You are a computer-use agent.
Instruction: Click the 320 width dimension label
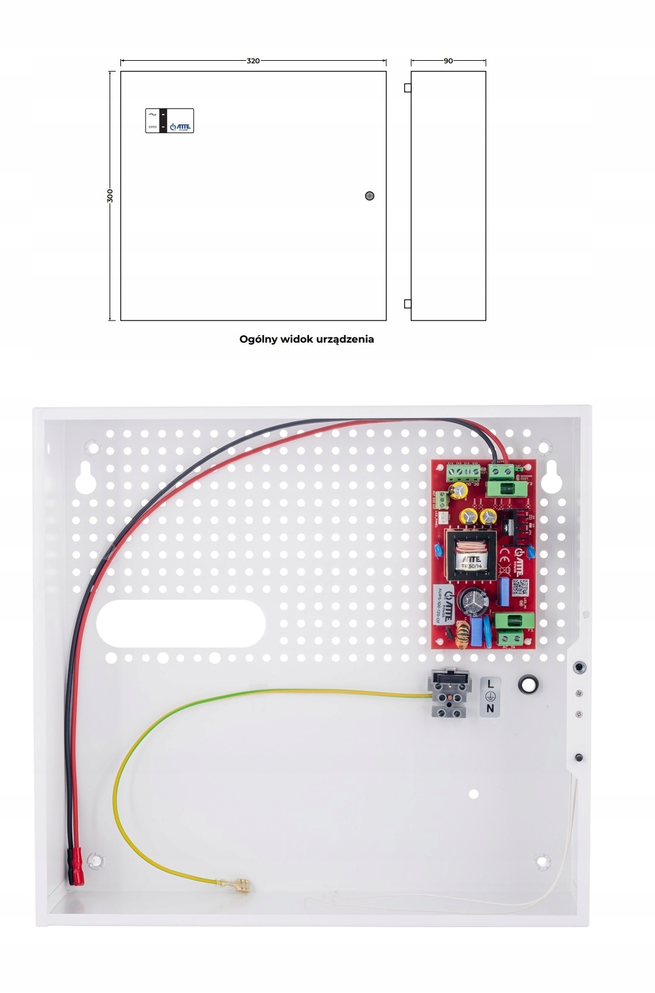pos(253,61)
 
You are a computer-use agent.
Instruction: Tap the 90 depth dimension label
pos(448,61)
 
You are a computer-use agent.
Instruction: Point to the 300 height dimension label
pos(110,195)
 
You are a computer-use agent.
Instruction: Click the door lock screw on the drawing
pos(370,196)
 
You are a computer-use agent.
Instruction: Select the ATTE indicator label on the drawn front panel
pos(169,121)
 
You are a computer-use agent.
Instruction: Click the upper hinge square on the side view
pos(407,88)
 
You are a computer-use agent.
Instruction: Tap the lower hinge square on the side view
pos(407,304)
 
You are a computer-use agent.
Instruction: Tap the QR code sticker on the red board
pos(519,588)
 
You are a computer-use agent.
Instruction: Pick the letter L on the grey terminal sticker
pos(490,684)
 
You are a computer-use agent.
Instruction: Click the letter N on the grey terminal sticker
pos(490,709)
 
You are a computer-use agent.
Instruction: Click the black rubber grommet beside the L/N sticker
pos(528,684)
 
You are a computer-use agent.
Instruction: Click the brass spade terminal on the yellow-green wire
pos(239,884)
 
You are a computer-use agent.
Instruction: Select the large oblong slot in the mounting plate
pos(181,623)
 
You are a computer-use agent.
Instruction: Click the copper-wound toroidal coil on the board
pos(462,634)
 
